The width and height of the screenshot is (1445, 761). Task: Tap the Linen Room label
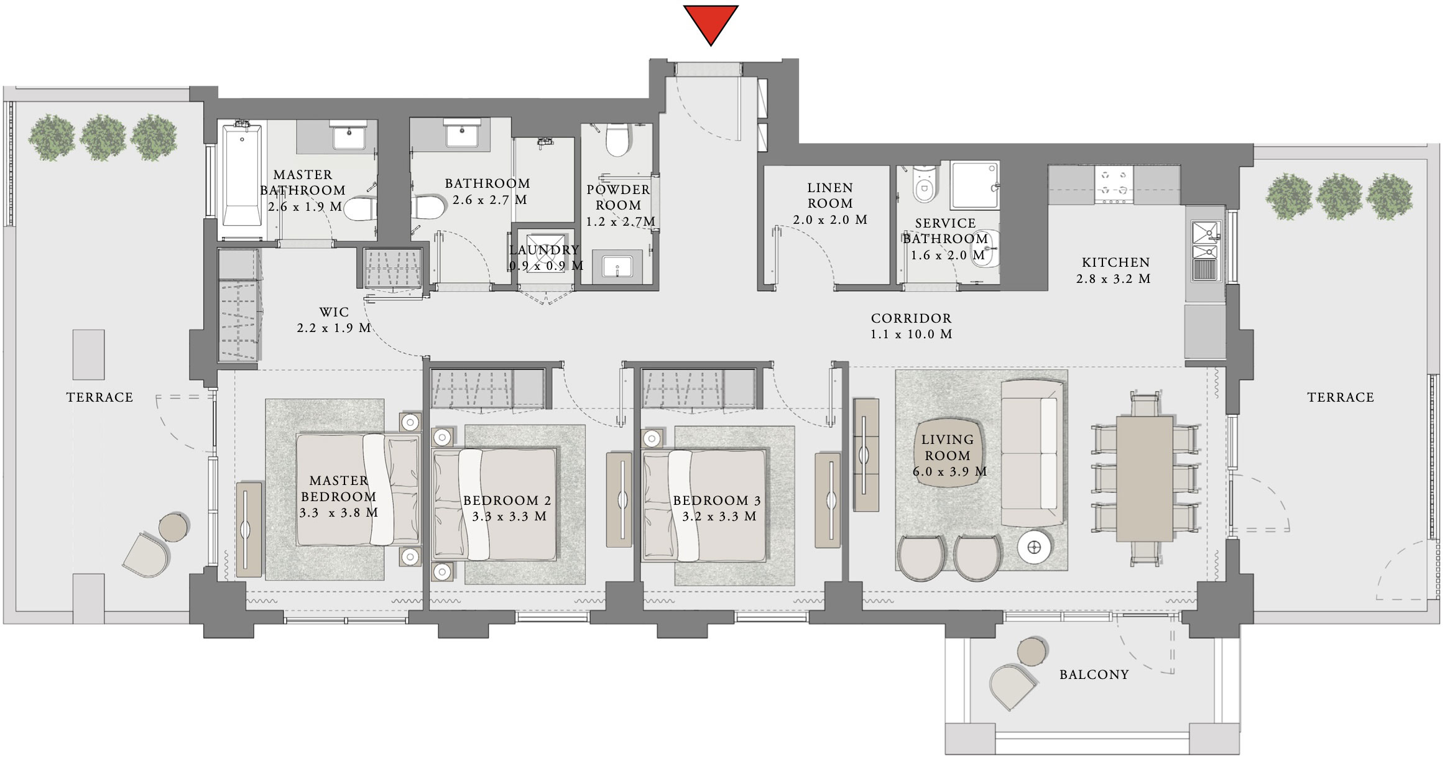[x=830, y=195]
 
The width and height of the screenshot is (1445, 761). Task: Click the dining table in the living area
[x=1144, y=479]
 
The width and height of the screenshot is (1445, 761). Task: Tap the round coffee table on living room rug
[x=1035, y=547]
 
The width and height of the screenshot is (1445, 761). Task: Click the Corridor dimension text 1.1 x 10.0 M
[x=911, y=334]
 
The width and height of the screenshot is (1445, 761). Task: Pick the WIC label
[x=334, y=311]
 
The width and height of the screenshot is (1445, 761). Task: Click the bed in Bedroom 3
[x=704, y=505]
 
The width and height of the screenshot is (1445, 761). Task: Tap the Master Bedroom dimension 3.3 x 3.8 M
[x=338, y=513]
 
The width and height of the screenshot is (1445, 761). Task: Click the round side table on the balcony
[x=1033, y=651]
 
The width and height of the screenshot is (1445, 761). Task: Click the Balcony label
[x=1094, y=675]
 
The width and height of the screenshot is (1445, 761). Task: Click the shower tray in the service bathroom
[x=974, y=185]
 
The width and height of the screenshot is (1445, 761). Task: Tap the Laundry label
[x=544, y=250]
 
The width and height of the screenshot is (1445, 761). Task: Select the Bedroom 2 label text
[x=507, y=500]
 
